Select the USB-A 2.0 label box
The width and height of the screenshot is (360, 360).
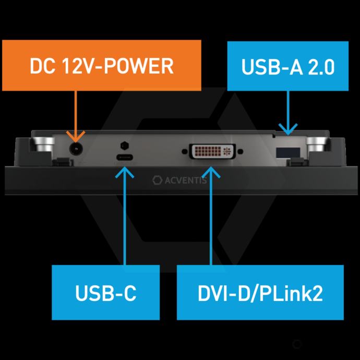288,66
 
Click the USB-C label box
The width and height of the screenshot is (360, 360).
105,292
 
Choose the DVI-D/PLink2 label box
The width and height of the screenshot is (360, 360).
260,292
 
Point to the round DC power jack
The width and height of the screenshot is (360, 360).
76,149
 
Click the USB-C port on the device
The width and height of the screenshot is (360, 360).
125,159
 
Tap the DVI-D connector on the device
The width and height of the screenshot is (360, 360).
211,152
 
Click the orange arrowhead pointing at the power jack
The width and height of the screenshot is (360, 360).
76,137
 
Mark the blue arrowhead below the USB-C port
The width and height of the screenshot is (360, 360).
125,171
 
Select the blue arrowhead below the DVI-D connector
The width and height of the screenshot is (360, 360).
211,171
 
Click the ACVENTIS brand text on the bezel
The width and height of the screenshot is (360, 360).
185,181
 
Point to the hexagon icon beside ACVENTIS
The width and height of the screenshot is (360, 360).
156,181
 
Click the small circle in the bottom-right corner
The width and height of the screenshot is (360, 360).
297,344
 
